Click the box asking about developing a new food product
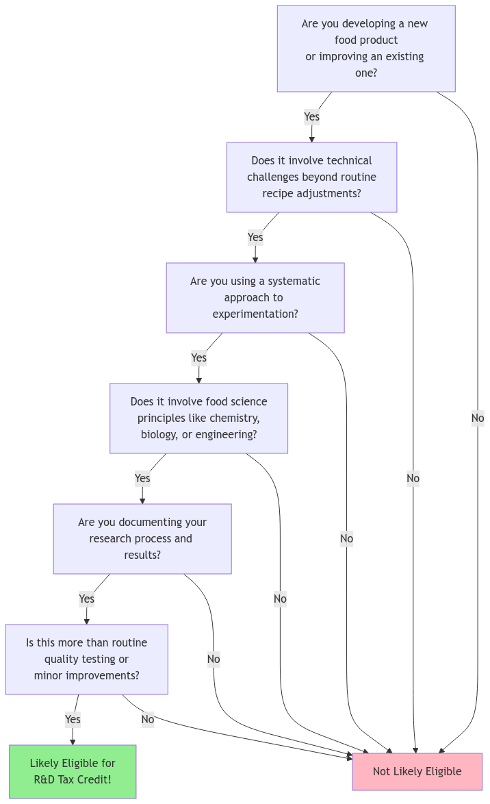365,48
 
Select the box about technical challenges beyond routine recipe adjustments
311,177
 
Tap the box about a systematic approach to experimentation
255,297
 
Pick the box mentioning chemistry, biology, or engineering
198,418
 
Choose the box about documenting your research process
142,538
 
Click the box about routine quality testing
86,659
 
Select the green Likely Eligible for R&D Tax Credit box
73,771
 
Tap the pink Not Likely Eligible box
417,771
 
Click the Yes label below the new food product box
311,116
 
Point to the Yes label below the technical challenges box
255,237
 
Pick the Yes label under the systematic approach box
198,357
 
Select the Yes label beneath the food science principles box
142,478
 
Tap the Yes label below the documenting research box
86,599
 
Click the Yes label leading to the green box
73,719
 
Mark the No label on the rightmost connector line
477,418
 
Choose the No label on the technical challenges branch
413,478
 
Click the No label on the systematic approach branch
346,538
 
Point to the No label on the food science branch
280,599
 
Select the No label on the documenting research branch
214,659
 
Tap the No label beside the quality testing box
147,719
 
